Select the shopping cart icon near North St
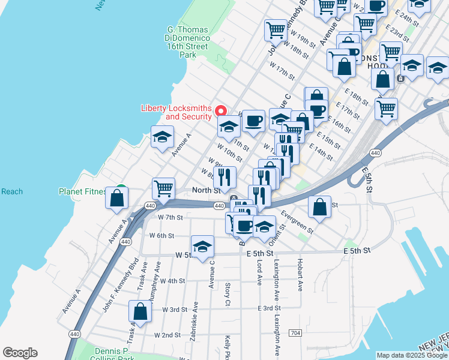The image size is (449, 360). pos(163,188)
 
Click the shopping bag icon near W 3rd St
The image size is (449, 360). pos(140,311)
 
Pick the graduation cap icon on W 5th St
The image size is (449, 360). pos(202,246)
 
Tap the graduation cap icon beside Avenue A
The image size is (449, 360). pos(162,137)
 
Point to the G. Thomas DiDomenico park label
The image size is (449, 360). pos(187,42)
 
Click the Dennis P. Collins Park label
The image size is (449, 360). pos(113,353)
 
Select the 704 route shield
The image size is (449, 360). pos(295,332)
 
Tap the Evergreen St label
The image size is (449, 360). pos(297,221)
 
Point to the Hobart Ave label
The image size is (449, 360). pos(298,272)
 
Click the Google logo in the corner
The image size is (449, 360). pos(20,353)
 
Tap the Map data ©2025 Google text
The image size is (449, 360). pos(412,355)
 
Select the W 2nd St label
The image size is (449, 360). pos(167,335)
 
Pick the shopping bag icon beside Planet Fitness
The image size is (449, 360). pos(117,197)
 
